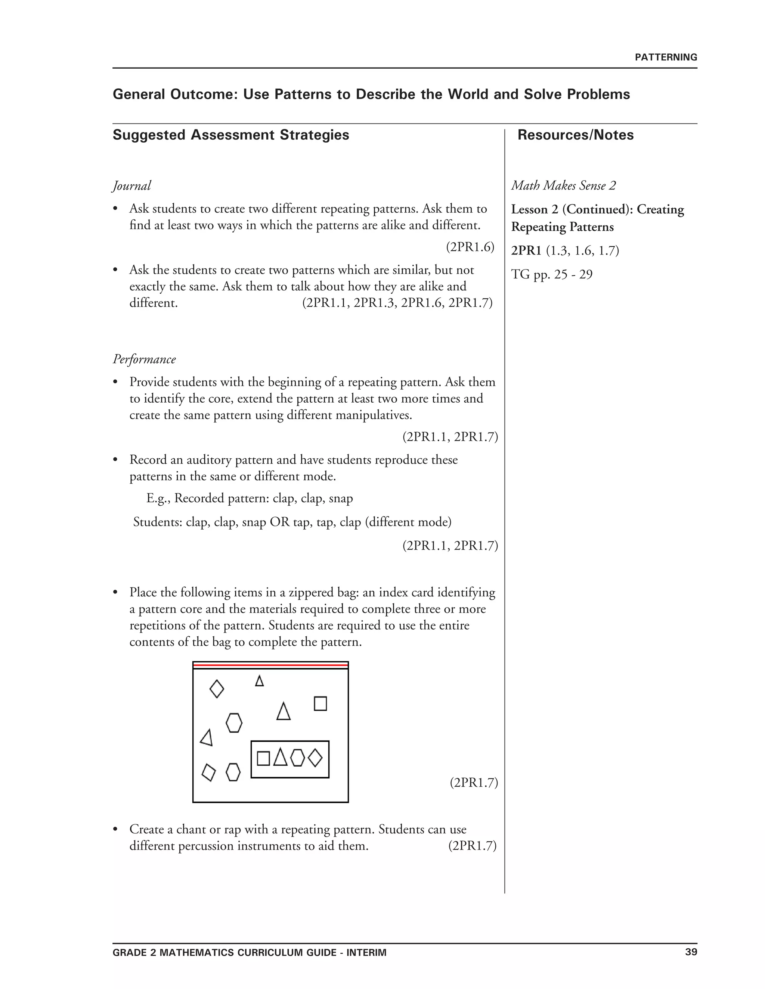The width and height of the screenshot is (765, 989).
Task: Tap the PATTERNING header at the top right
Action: tap(666, 57)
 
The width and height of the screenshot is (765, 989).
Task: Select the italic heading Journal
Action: tap(131, 186)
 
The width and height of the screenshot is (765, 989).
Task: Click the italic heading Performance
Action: tap(144, 359)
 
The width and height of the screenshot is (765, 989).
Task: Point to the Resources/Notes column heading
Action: tap(575, 135)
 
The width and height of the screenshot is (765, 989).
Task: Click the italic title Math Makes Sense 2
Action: tap(563, 185)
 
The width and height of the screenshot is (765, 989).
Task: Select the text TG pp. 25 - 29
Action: tap(552, 274)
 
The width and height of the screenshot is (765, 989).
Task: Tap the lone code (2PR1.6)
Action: tap(470, 247)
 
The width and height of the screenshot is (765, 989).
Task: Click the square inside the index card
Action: tap(263, 758)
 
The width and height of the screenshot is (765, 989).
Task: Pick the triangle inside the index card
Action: tap(281, 757)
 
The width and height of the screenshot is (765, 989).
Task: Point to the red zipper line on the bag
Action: tap(270, 666)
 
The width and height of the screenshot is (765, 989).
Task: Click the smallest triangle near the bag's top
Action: tap(259, 681)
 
